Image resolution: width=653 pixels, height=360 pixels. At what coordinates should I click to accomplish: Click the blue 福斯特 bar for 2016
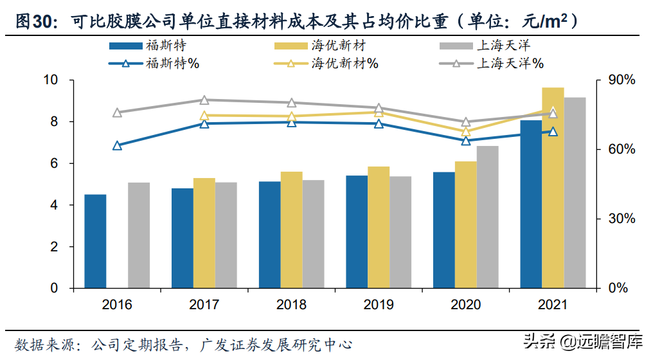[x=95, y=241]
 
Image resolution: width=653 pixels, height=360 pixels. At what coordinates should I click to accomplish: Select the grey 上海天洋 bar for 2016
[x=139, y=235]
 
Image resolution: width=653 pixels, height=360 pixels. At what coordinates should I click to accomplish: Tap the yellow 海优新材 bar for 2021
[x=553, y=188]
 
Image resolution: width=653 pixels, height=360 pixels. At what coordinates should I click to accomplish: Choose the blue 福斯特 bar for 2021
[x=531, y=204]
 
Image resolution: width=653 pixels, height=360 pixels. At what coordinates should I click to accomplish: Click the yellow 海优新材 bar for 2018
[x=291, y=230]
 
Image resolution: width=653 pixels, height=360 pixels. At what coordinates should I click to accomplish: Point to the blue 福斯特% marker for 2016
[x=117, y=146]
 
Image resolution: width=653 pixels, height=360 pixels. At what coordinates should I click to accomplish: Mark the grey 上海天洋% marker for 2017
[x=204, y=100]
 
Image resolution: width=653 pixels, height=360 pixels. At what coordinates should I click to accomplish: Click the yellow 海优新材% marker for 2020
[x=466, y=132]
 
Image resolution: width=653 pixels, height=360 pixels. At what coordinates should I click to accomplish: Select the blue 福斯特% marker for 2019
[x=379, y=124]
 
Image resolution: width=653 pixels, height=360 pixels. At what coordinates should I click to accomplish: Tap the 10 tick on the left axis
[x=50, y=80]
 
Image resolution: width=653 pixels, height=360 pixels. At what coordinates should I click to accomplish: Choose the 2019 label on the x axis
[x=379, y=305]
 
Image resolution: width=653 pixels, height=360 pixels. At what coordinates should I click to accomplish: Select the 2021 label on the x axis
[x=553, y=305]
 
